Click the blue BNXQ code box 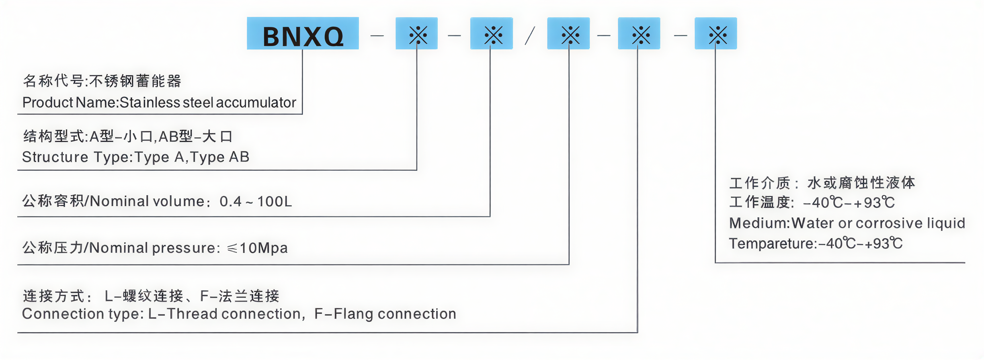[303, 34]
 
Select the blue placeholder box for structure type [417, 34]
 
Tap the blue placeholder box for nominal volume [491, 34]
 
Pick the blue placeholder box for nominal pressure [568, 34]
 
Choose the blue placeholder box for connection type [639, 34]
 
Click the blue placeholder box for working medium [716, 34]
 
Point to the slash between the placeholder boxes [530, 36]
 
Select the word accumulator [256, 103]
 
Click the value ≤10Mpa [258, 248]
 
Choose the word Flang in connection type [353, 314]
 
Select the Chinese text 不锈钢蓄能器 [135, 81]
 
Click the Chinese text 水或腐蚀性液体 [861, 183]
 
